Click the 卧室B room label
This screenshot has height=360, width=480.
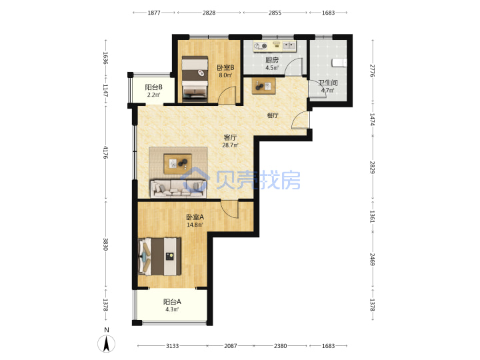[225, 67]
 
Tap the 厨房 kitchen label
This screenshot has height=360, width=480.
[272, 60]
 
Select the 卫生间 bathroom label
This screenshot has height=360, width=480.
[328, 83]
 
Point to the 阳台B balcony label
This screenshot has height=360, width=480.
[154, 87]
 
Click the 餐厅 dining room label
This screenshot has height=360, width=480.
[273, 115]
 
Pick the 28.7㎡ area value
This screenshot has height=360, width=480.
[230, 145]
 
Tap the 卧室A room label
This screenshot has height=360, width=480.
[195, 217]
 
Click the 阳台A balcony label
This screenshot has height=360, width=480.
[172, 302]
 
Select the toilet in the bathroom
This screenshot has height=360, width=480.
[339, 63]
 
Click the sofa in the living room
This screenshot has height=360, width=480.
[178, 188]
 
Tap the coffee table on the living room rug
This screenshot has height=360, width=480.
[178, 164]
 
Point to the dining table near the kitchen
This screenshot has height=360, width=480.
[263, 86]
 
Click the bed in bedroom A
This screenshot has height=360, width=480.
[159, 257]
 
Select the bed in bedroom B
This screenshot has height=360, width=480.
[195, 79]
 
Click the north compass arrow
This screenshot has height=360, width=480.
[107, 344]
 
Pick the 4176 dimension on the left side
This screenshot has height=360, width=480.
[105, 152]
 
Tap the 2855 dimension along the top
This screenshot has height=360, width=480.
[275, 13]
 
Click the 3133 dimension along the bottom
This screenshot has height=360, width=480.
[173, 346]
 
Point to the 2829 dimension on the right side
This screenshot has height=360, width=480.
[373, 167]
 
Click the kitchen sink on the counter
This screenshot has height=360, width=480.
[289, 46]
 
